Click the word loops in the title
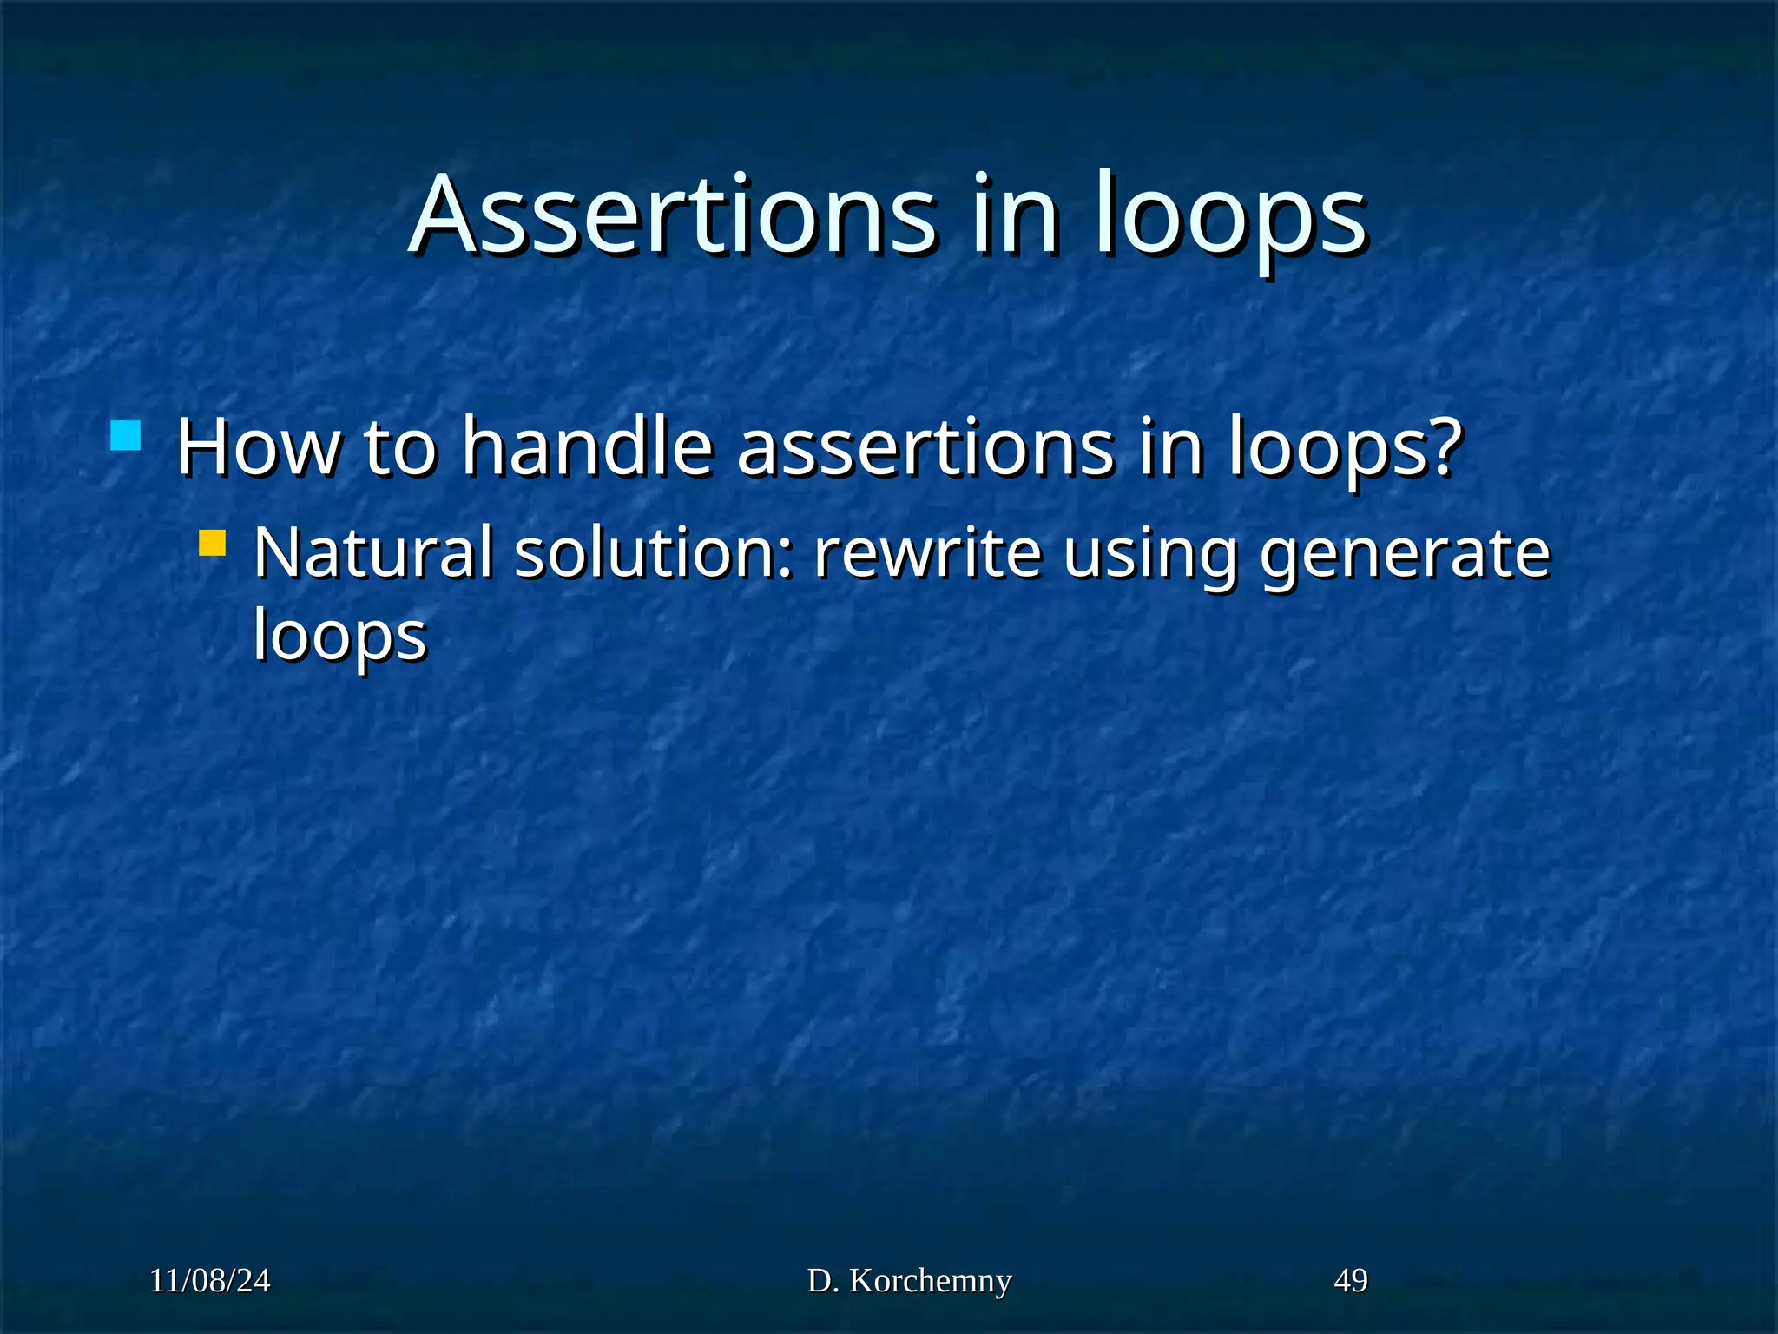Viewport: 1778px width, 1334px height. [1230, 217]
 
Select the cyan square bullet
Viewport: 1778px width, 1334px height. [126, 436]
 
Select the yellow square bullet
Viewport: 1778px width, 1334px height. [212, 544]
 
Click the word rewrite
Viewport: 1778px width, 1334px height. [927, 553]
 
